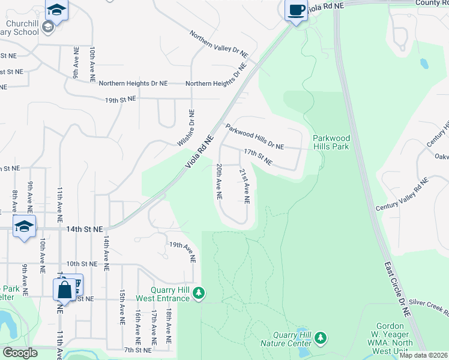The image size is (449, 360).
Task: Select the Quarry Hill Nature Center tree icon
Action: pos(321,338)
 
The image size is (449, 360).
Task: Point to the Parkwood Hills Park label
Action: pos(331,142)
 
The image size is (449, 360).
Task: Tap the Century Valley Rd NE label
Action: pos(402,194)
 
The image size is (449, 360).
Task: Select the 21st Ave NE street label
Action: pos(244,185)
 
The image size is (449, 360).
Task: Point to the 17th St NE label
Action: pos(258,158)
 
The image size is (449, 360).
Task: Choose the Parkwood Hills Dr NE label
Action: pos(255,137)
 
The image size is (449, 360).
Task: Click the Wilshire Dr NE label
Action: pos(187,127)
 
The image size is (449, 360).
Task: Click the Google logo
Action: pos(20,353)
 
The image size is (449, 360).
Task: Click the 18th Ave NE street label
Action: pos(169,326)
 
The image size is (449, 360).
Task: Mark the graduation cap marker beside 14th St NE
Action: pos(24,227)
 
